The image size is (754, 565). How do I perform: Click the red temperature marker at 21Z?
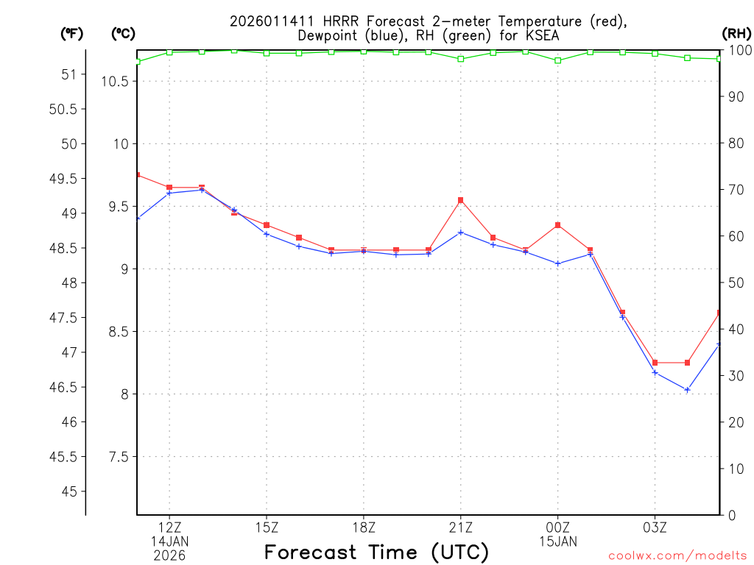coord(460,200)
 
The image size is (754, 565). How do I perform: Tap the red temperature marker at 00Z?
coord(557,225)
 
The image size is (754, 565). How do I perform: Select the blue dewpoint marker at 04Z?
coord(687,389)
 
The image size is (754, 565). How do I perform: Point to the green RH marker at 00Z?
coord(557,60)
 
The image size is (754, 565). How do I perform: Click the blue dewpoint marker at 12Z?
coord(169,193)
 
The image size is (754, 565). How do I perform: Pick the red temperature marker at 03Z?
coord(655,363)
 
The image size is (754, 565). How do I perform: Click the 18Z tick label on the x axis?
coord(363,527)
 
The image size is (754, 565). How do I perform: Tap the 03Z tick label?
coord(655,527)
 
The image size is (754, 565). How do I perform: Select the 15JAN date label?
coord(557,541)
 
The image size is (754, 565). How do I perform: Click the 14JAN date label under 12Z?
coord(169,541)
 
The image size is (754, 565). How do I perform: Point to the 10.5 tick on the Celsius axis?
coord(115,81)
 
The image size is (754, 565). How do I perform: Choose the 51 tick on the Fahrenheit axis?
coord(69,74)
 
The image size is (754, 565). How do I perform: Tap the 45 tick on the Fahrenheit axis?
coord(69,491)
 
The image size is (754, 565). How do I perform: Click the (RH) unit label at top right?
coord(736,33)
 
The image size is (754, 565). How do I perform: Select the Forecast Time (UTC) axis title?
coord(376,552)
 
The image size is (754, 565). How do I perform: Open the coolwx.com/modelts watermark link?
coord(677,555)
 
